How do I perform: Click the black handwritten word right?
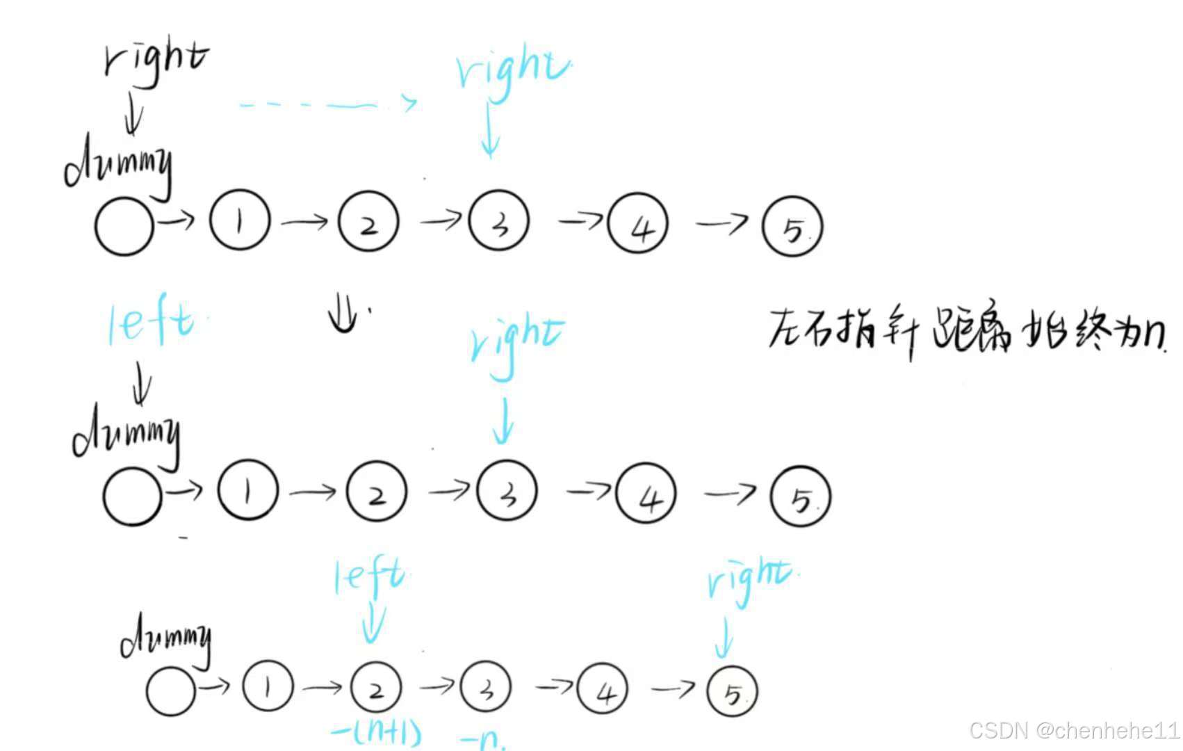tap(156, 60)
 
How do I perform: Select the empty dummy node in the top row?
tap(124, 227)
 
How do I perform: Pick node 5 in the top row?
tap(792, 227)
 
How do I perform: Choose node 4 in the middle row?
tap(647, 494)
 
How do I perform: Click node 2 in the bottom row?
tap(376, 688)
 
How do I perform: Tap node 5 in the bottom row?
tap(732, 692)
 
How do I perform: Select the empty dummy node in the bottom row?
tap(171, 691)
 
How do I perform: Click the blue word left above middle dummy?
tap(152, 323)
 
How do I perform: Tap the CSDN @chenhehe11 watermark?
tap(1075, 730)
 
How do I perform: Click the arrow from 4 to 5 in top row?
tap(721, 223)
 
